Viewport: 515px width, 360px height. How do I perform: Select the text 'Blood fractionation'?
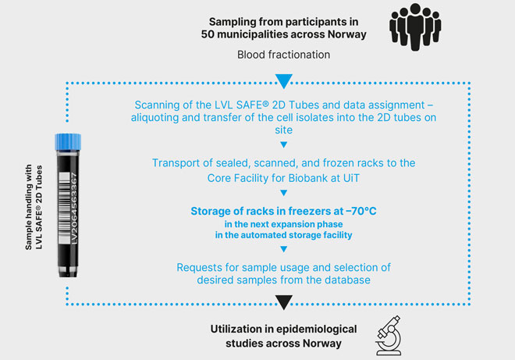pos(283,55)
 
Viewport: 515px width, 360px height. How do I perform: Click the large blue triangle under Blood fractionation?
pos(283,80)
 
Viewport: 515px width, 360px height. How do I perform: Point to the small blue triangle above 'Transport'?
pos(283,144)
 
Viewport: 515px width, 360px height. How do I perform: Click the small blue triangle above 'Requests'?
pos(283,249)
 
